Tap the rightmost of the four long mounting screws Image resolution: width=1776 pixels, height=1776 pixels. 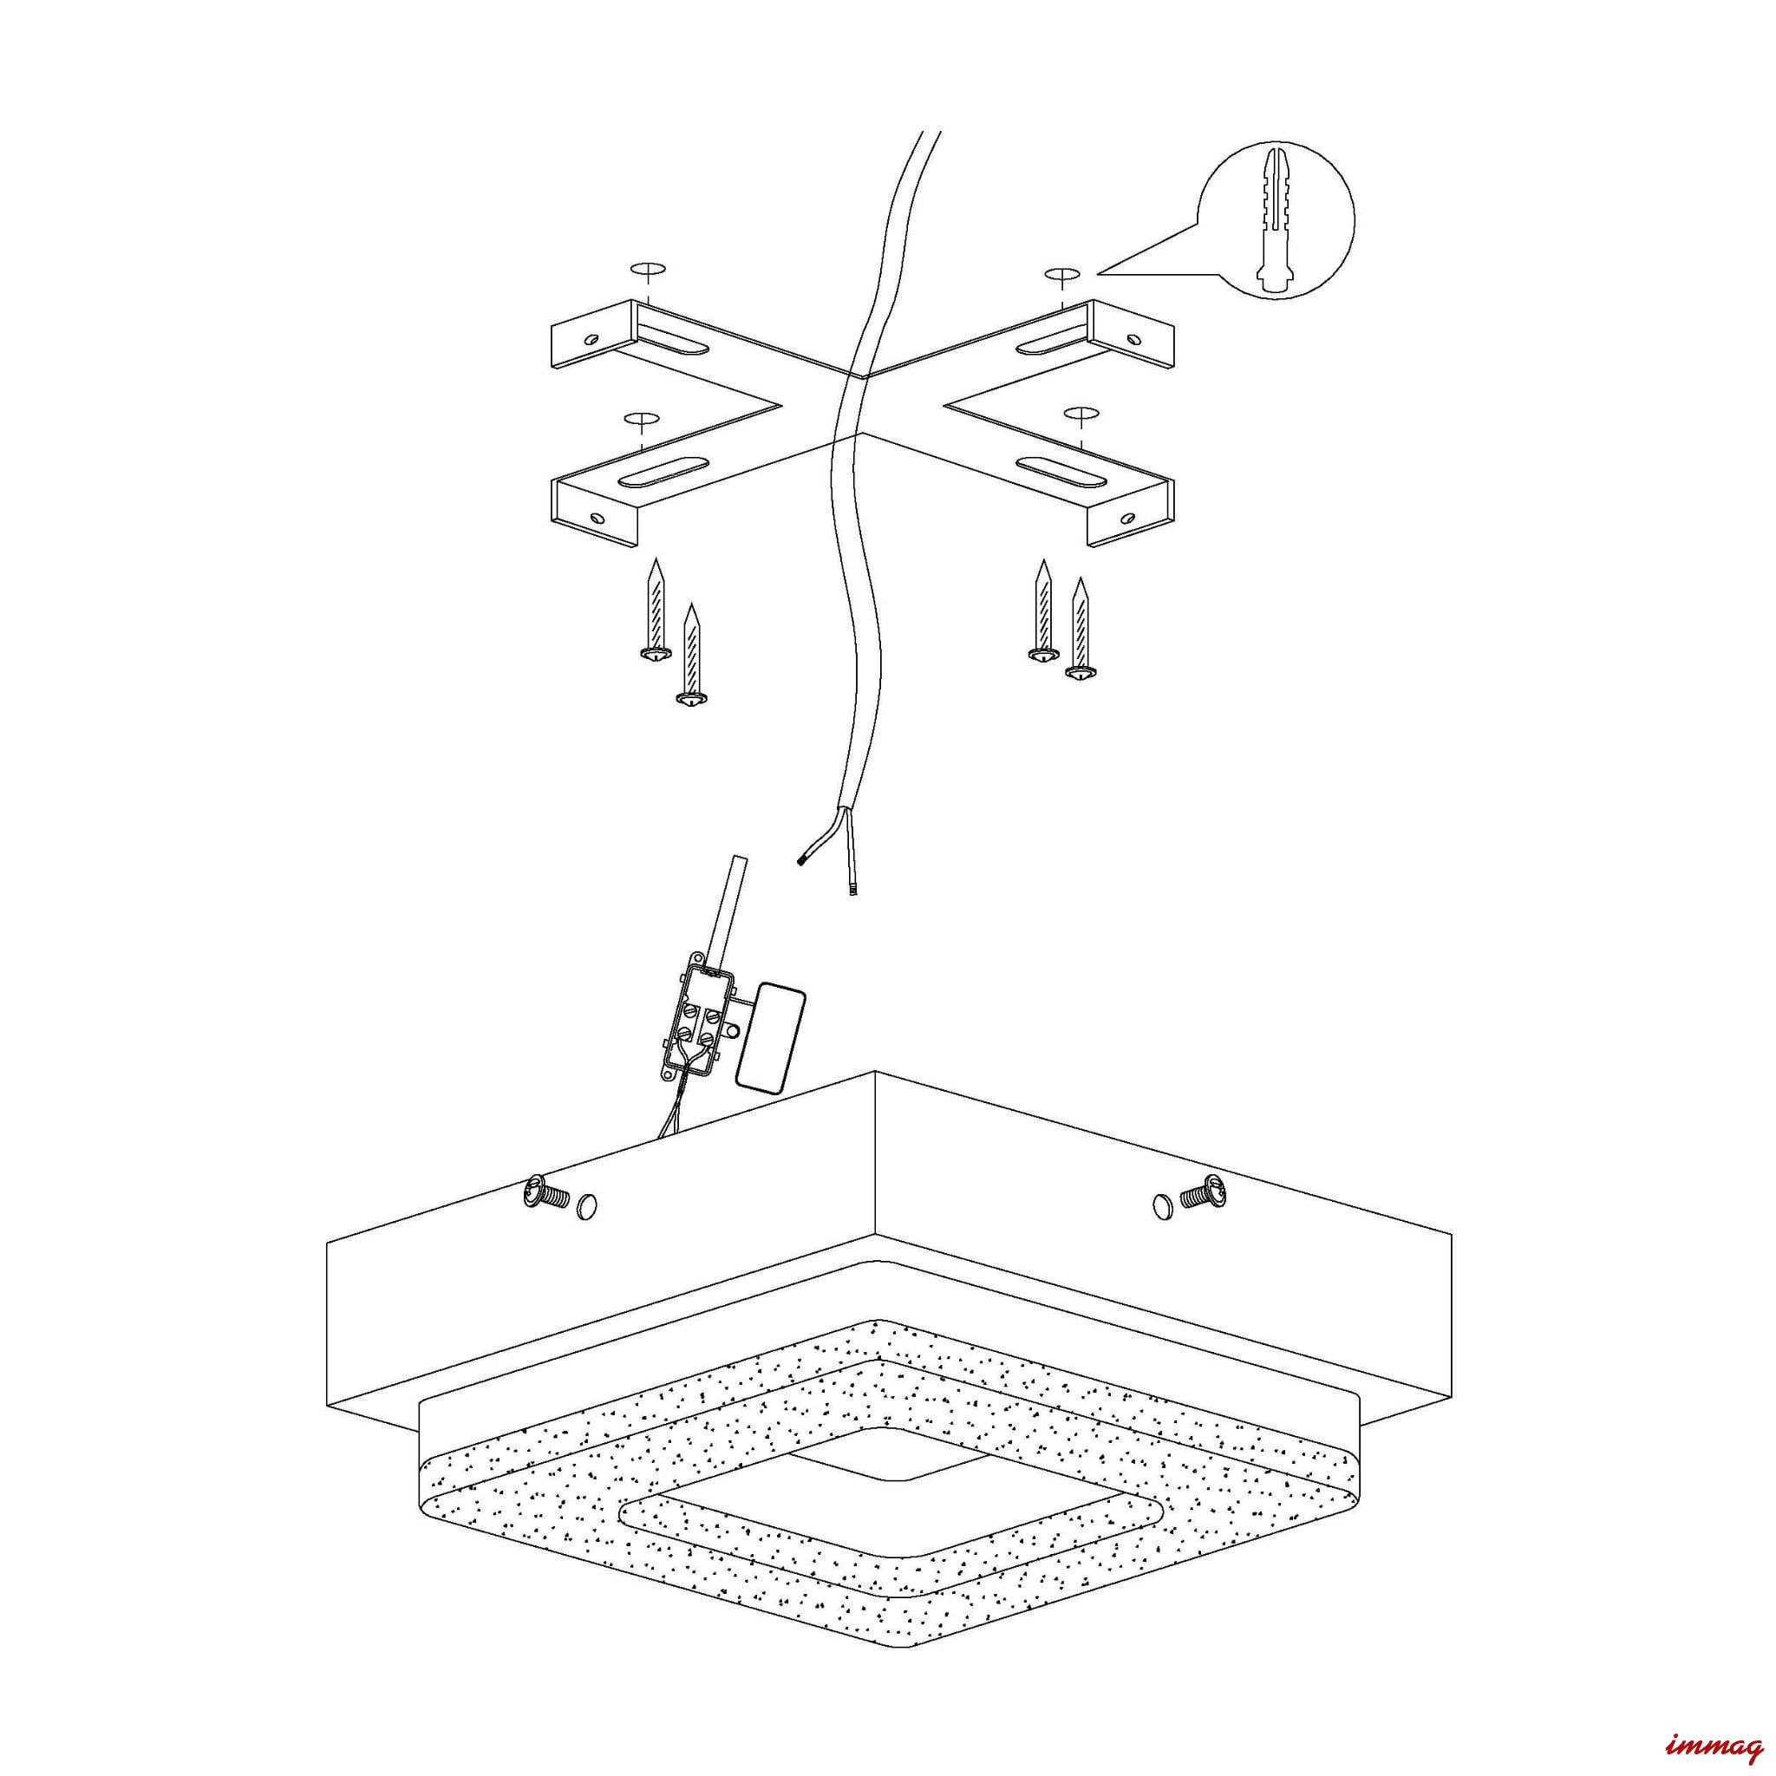tap(1083, 630)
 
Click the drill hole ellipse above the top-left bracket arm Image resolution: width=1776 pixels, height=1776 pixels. tap(647, 270)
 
